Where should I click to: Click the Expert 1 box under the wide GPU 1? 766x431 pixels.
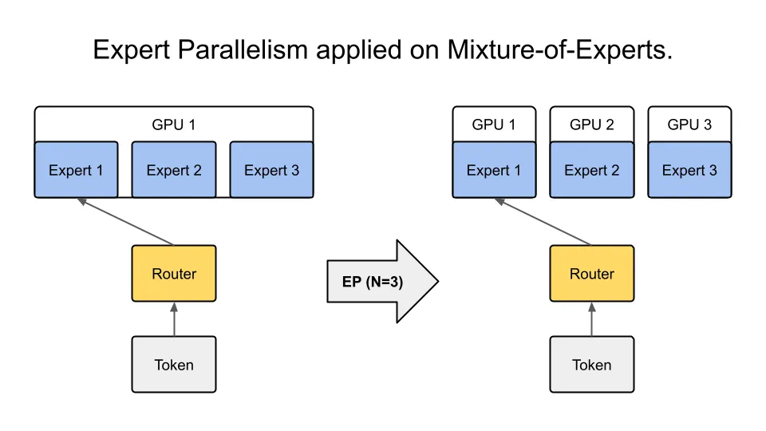click(76, 170)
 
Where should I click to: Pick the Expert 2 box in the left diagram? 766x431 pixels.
click(174, 170)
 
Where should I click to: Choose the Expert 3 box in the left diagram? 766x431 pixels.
click(271, 170)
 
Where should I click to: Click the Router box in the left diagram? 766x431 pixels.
click(174, 274)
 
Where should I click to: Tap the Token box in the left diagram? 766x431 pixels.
click(174, 365)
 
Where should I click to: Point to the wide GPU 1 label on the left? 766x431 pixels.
click(174, 125)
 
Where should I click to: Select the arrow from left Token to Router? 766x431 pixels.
click(174, 319)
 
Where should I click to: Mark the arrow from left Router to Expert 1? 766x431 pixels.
click(128, 223)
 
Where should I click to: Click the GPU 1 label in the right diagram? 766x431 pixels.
click(494, 125)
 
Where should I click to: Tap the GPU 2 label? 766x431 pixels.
click(592, 125)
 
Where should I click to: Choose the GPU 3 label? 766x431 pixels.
click(689, 125)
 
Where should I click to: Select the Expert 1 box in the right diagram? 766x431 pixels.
click(494, 170)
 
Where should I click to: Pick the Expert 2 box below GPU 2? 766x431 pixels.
click(592, 170)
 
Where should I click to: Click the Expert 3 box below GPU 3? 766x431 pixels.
click(689, 170)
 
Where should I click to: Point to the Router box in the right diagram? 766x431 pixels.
click(592, 274)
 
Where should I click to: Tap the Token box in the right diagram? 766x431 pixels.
click(592, 365)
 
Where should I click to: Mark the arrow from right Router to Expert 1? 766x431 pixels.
click(546, 223)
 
